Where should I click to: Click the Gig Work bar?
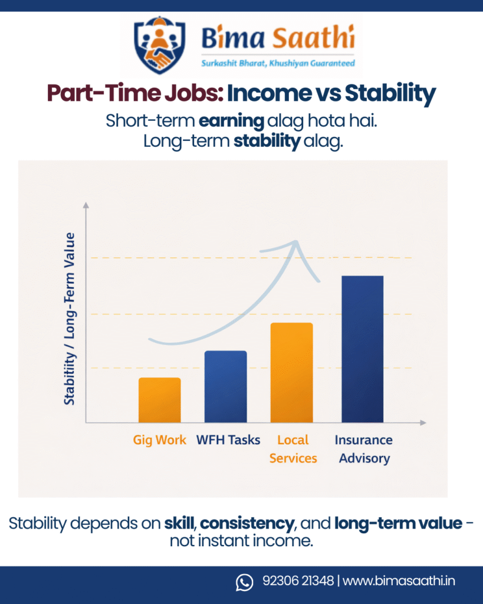pyautogui.click(x=159, y=400)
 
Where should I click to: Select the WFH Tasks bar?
pyautogui.click(x=225, y=386)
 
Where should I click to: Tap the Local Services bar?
pyautogui.click(x=291, y=372)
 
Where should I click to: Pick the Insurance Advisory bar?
pyautogui.click(x=362, y=349)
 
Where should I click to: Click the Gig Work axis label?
pyautogui.click(x=159, y=440)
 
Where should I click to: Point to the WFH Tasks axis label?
pyautogui.click(x=228, y=440)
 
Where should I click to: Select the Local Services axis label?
pyautogui.click(x=293, y=449)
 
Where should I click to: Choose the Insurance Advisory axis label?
pyautogui.click(x=364, y=449)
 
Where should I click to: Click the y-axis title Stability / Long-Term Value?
pyautogui.click(x=70, y=319)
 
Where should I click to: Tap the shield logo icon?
pyautogui.click(x=160, y=45)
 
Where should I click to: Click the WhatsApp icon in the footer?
pyautogui.click(x=244, y=582)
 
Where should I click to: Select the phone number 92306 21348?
pyautogui.click(x=298, y=581)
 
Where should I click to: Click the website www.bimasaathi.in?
pyautogui.click(x=399, y=581)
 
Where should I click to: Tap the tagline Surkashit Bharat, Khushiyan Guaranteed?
pyautogui.click(x=278, y=63)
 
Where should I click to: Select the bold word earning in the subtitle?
pyautogui.click(x=231, y=121)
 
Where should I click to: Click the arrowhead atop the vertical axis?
pyautogui.click(x=86, y=205)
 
